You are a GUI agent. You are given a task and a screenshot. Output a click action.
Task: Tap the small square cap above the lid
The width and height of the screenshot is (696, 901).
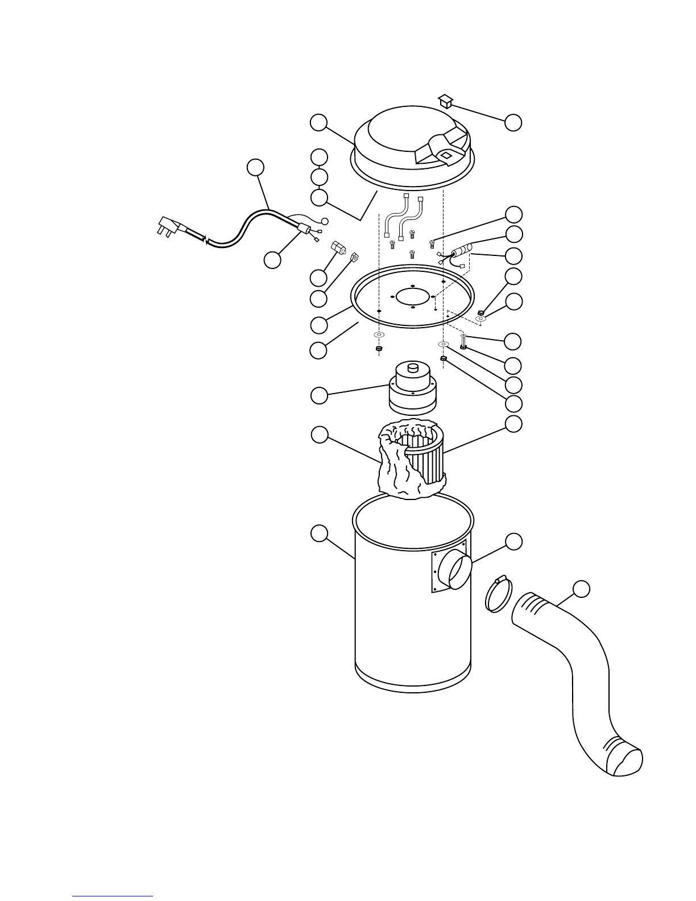tap(446, 101)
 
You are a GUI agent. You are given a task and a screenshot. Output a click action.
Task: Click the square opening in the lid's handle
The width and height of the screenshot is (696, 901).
tap(445, 152)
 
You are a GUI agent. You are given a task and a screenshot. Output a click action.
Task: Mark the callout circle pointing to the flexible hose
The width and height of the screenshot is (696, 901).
tap(581, 589)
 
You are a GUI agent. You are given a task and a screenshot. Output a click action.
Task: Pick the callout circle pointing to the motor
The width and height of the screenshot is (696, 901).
tap(320, 395)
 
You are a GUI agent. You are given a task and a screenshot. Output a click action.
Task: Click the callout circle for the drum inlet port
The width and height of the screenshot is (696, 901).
tap(513, 542)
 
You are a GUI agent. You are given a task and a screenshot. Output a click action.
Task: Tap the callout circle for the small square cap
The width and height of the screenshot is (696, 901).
tap(513, 122)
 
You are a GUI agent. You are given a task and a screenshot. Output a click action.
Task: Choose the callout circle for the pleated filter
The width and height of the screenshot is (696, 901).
tap(514, 424)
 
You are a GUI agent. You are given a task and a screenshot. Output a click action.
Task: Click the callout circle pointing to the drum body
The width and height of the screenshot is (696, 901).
tap(320, 534)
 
